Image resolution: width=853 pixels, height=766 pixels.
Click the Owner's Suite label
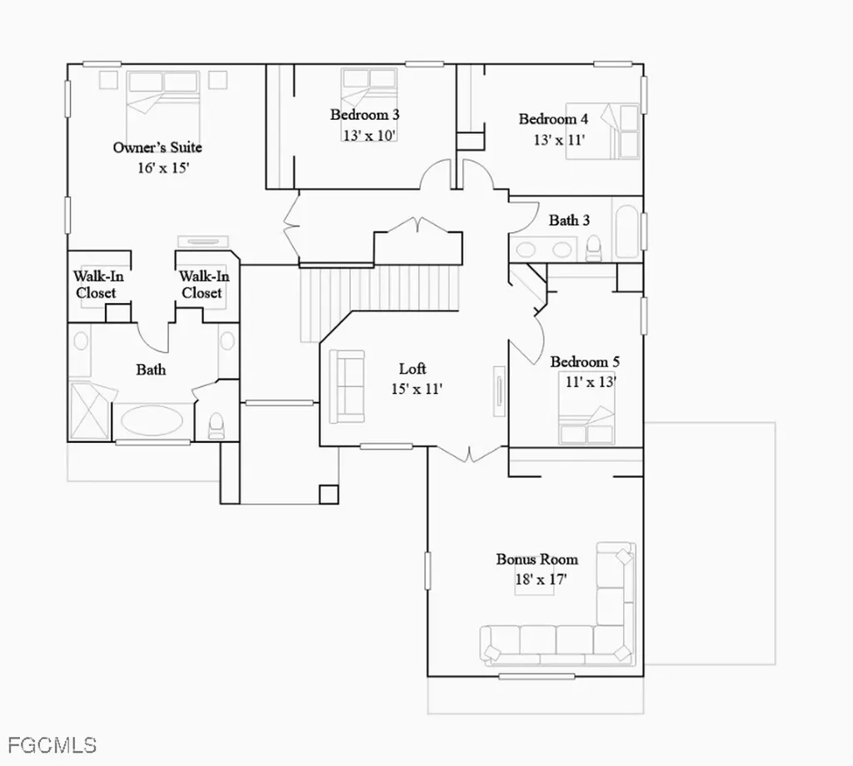157,147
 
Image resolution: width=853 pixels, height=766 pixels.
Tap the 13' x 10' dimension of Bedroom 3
369,136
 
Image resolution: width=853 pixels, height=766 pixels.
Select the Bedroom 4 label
553,119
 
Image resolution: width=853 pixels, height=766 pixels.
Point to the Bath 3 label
569,220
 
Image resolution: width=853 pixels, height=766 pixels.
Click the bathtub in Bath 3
626,232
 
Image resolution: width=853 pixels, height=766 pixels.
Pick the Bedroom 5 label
585,361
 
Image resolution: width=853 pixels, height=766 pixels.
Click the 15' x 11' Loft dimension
417,390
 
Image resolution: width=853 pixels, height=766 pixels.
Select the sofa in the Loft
347,386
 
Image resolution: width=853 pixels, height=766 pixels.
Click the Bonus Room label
537,560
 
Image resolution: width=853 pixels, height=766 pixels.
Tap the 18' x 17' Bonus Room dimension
541,579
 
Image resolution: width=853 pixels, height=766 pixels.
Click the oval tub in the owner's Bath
152,421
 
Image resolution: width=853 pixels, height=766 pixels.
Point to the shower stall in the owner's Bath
90,410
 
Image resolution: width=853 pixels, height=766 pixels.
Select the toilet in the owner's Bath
217,425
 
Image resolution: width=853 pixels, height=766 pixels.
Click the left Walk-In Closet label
98,284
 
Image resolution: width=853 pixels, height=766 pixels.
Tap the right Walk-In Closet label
204,284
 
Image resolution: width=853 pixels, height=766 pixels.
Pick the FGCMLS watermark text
52,745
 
